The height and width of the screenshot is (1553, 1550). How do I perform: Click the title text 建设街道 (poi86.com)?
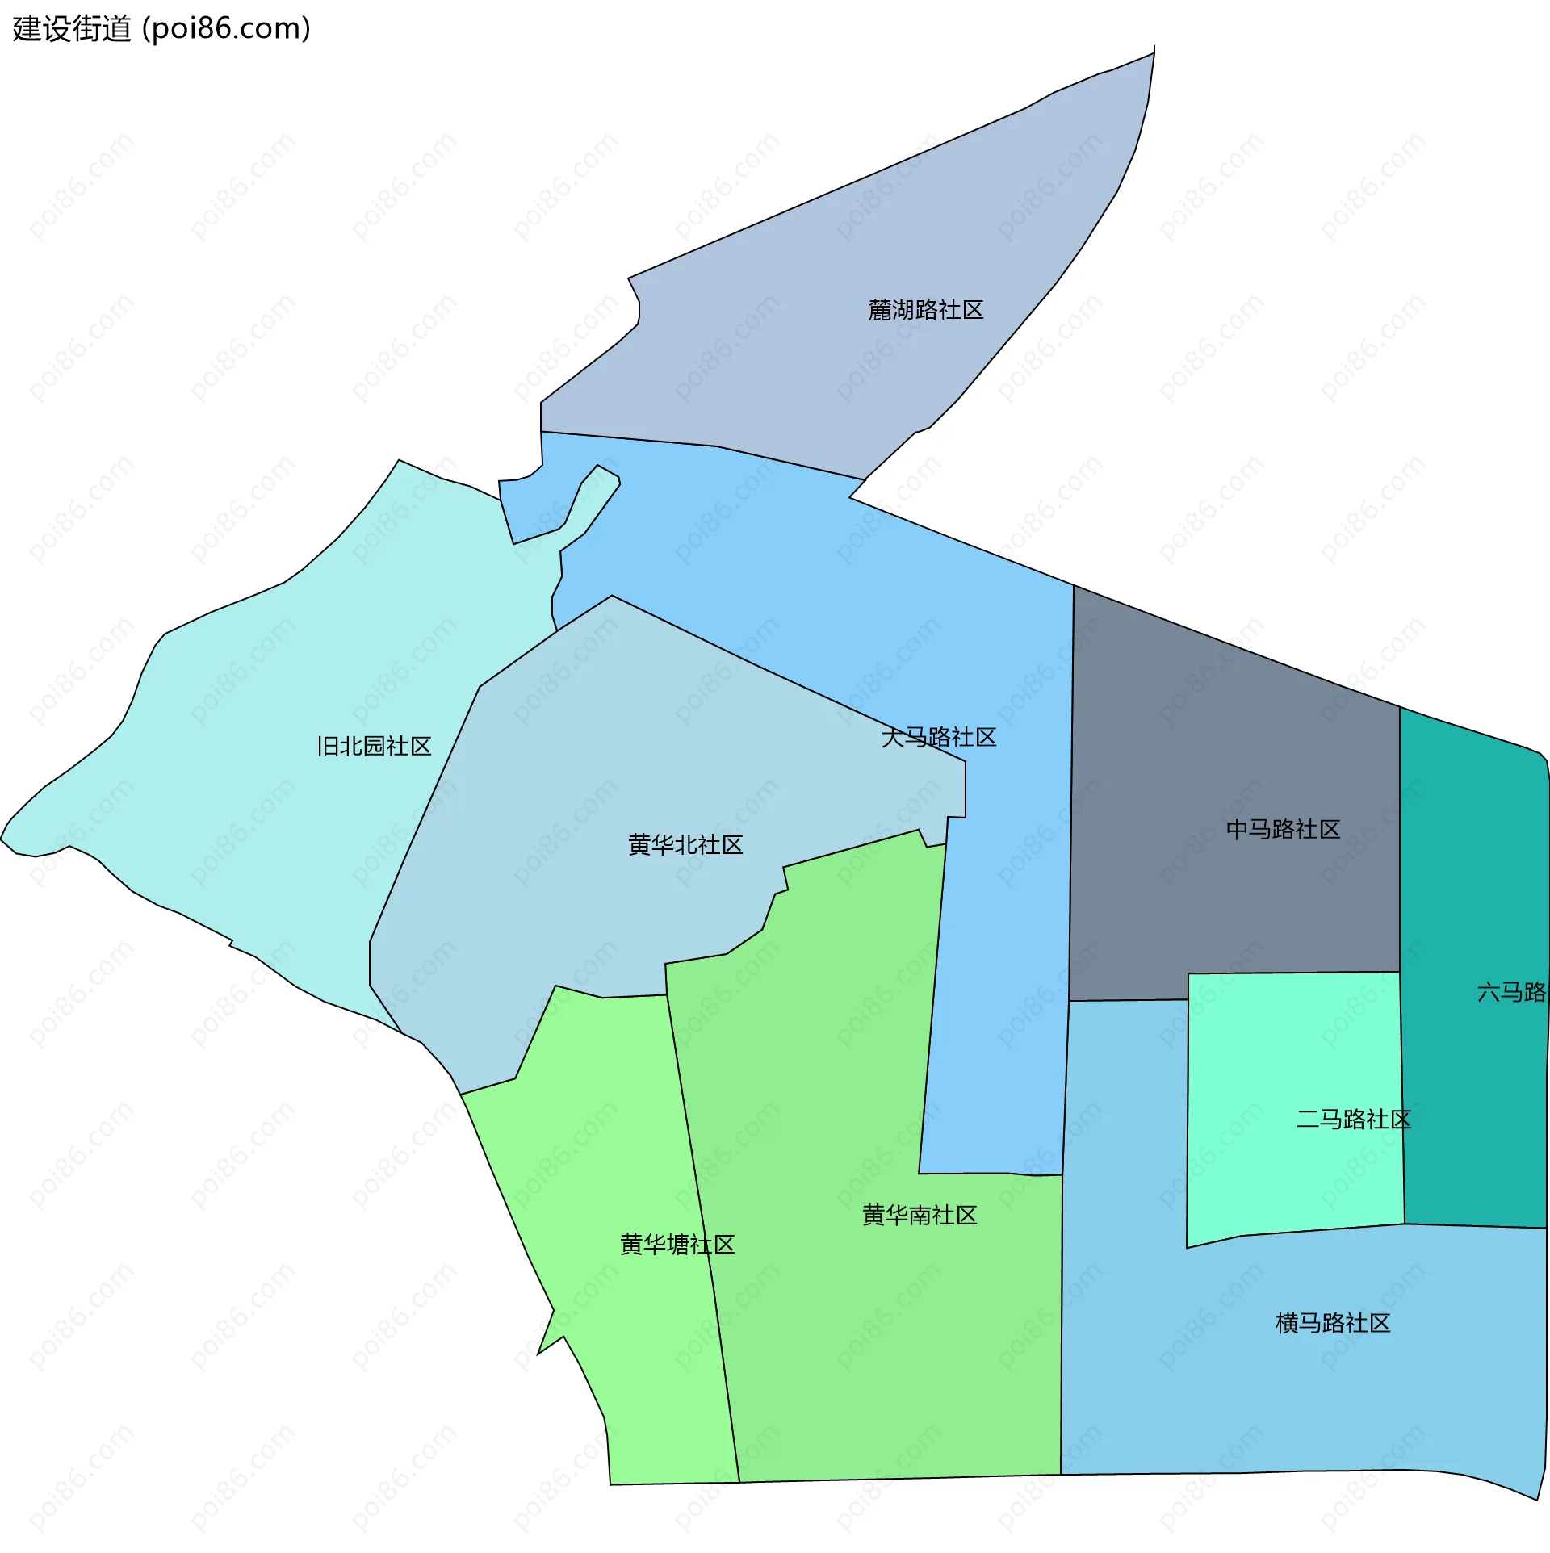(161, 29)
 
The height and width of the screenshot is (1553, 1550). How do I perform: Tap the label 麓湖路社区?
(925, 310)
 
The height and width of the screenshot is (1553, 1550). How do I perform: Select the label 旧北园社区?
(374, 746)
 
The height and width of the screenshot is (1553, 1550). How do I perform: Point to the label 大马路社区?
(939, 737)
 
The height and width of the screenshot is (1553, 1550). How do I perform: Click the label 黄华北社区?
(685, 845)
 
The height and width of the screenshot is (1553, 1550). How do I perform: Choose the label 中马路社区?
(1283, 829)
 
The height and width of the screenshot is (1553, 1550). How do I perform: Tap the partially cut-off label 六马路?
(1512, 992)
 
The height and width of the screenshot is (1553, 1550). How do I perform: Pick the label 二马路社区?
(1353, 1120)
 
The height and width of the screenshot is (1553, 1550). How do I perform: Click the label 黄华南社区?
(920, 1215)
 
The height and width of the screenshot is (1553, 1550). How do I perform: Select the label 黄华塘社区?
(677, 1244)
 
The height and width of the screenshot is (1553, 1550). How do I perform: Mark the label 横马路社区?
(1333, 1323)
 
